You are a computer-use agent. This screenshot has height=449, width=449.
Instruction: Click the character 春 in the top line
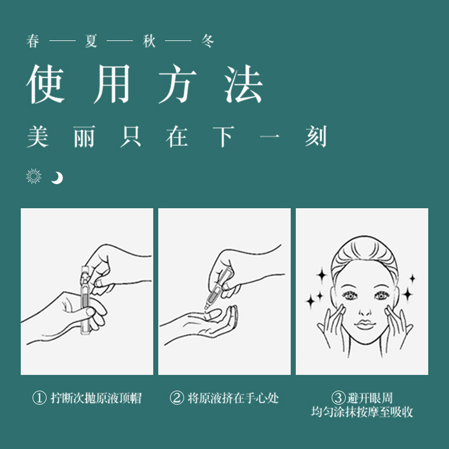pyautogui.click(x=33, y=42)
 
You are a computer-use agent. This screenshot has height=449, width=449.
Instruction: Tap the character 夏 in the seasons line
pyautogui.click(x=91, y=42)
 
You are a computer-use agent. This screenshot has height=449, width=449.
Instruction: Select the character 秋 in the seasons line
pyautogui.click(x=149, y=42)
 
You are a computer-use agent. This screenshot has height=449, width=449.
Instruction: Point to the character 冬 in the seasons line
pyautogui.click(x=207, y=42)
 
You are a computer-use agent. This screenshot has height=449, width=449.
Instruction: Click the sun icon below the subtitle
pyautogui.click(x=34, y=177)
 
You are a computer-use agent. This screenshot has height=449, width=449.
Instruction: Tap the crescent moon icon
pyautogui.click(x=57, y=178)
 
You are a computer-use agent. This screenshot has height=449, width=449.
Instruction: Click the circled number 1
pyautogui.click(x=39, y=398)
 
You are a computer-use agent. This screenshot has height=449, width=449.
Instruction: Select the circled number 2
pyautogui.click(x=177, y=398)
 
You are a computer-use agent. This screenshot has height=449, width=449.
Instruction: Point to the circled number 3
pyautogui.click(x=338, y=398)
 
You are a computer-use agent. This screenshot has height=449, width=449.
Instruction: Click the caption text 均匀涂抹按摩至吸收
pyautogui.click(x=362, y=412)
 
